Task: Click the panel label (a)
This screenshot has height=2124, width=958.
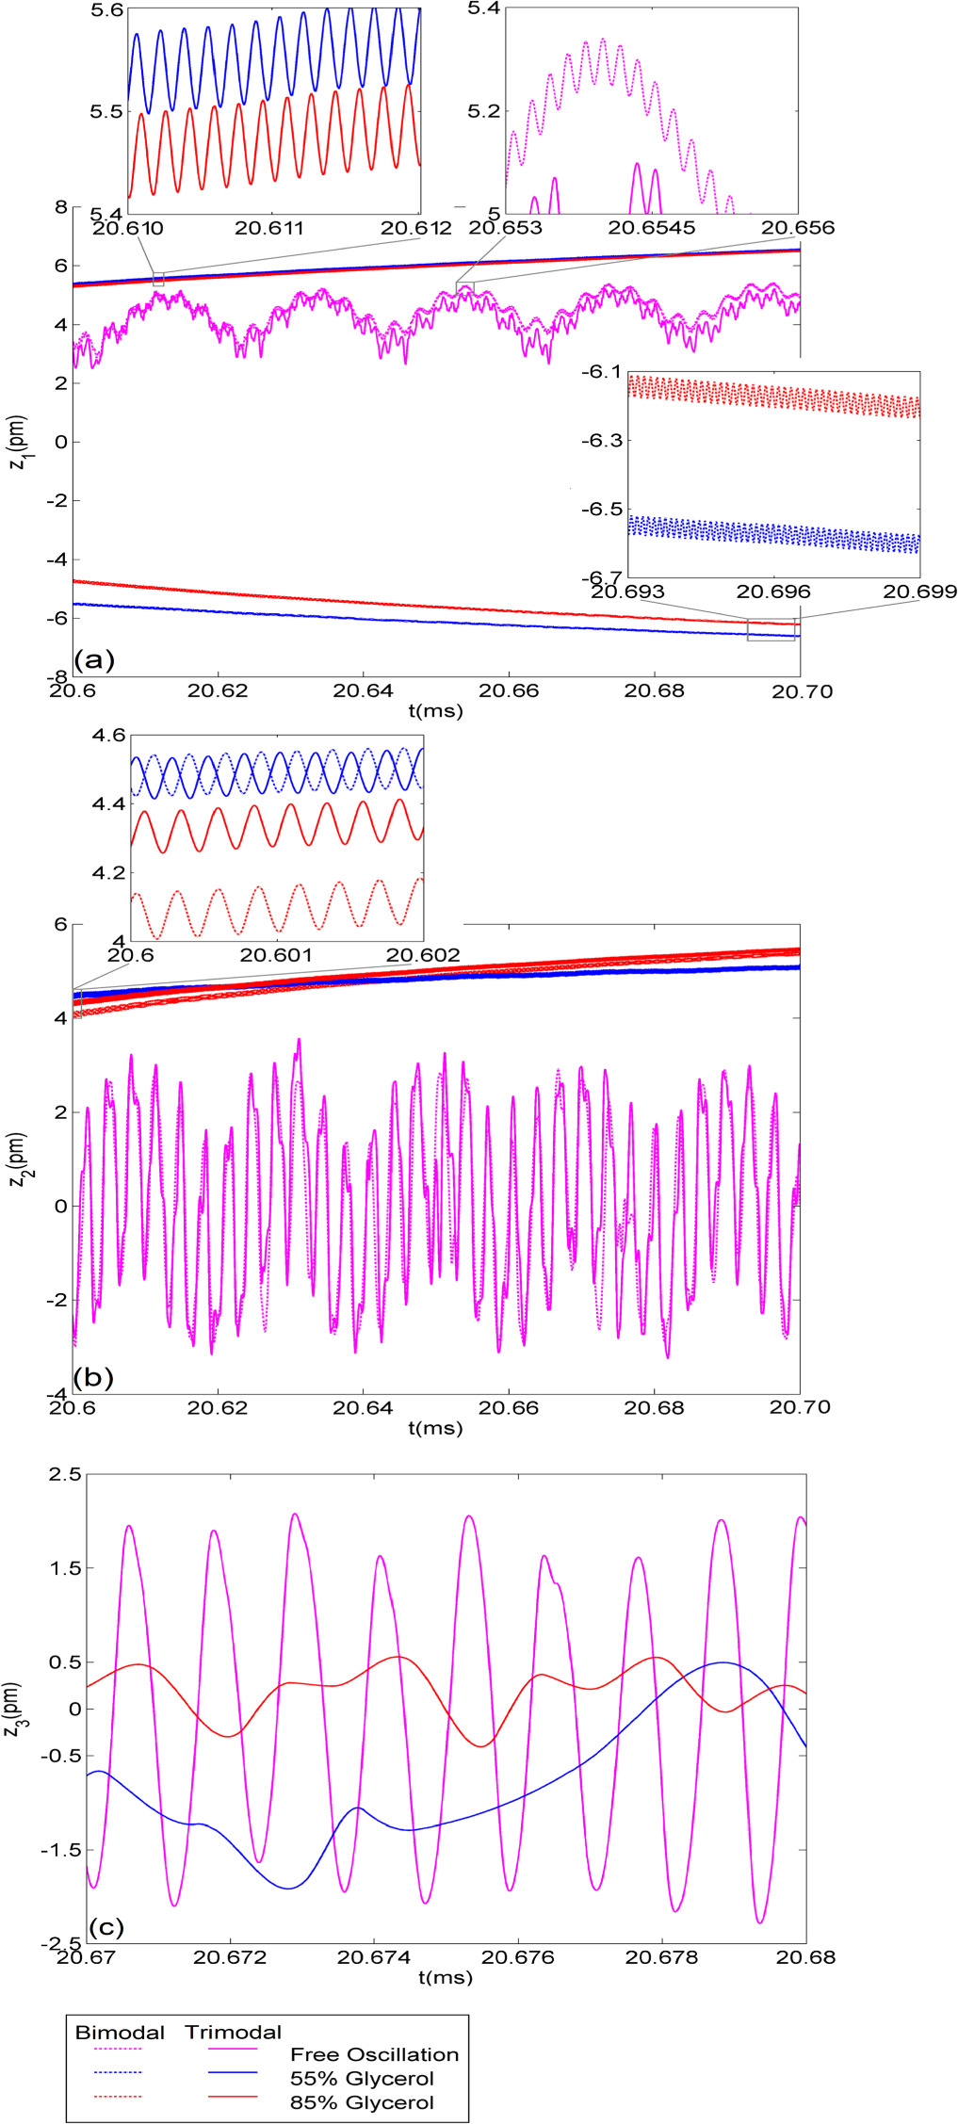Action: pos(94,658)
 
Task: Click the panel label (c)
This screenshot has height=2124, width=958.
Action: pos(105,1926)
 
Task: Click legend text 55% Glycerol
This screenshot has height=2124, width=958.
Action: pos(362,2078)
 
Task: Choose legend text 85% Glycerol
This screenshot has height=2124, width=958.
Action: pos(362,2102)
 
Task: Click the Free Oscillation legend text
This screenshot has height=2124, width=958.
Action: pos(374,2054)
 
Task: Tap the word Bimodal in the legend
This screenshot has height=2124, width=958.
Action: pos(120,2032)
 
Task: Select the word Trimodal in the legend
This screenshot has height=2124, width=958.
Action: pos(233,2032)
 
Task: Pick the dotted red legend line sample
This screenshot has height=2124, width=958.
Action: pos(118,2097)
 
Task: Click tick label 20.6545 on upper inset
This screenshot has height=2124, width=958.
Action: pos(652,228)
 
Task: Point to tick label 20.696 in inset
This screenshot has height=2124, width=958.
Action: pos(772,592)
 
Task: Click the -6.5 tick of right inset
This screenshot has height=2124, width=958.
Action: pos(600,509)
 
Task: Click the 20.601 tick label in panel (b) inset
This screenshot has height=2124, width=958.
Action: pos(276,955)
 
